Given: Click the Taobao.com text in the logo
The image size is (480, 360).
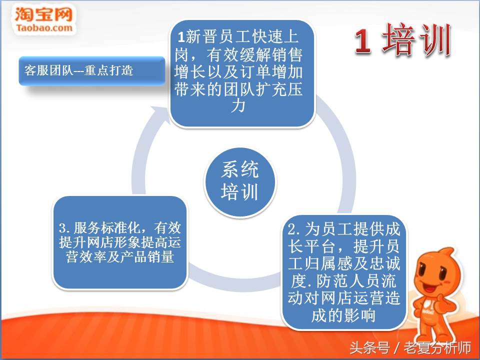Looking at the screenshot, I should (x=44, y=27).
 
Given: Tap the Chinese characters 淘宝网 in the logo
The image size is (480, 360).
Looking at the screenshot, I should (x=44, y=13).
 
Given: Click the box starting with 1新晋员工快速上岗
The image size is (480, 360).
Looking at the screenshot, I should (x=242, y=72).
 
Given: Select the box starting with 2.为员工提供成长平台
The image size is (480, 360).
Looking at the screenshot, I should (x=344, y=272).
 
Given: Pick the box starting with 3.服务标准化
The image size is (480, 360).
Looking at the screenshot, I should (x=120, y=243).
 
